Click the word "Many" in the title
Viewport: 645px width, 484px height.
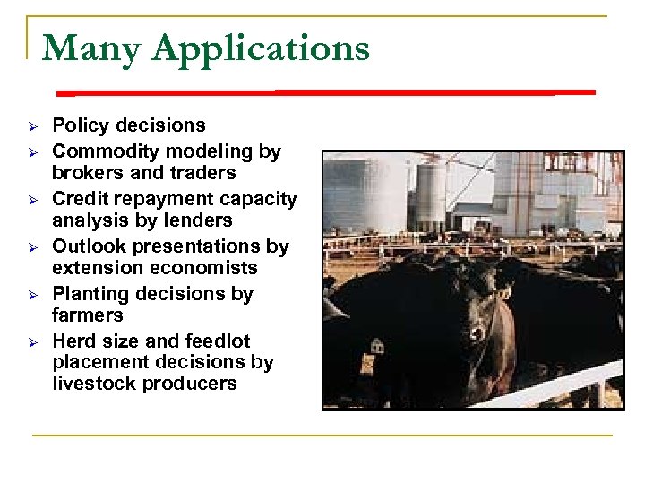[x=90, y=48]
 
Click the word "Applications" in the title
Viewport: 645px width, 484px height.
[x=261, y=49]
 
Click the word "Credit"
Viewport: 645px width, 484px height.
[x=80, y=199]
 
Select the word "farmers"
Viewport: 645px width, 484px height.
[x=87, y=315]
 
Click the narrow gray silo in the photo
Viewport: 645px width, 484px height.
[x=431, y=193]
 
